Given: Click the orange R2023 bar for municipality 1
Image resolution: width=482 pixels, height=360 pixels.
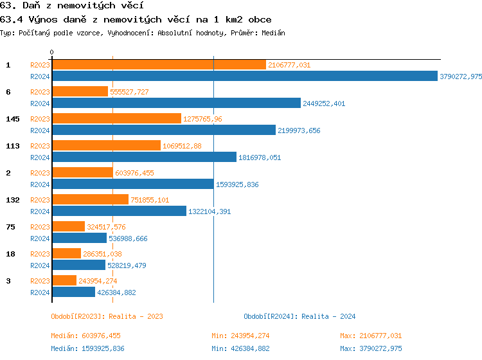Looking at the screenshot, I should [159, 65].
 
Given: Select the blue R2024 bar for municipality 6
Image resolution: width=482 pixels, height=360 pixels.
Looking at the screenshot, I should [176, 104].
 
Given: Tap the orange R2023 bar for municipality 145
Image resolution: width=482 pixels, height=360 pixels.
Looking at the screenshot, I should [116, 119].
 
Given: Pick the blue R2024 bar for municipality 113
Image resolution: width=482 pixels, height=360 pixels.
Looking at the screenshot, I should [144, 157].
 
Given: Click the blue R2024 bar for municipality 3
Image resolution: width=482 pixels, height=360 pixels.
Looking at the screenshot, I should [73, 292].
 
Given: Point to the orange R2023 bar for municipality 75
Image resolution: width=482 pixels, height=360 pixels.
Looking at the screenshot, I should [68, 227].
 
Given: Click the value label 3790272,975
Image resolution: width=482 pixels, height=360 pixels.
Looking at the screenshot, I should [461, 76].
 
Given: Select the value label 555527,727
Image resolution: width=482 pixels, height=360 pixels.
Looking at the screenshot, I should [129, 92].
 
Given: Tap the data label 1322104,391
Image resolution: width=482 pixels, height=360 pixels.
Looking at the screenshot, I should [209, 212].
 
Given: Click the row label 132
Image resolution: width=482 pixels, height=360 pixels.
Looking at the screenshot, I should [12, 200].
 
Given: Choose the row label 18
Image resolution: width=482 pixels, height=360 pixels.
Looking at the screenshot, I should [10, 254].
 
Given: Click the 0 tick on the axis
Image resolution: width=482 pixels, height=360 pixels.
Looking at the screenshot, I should [52, 52].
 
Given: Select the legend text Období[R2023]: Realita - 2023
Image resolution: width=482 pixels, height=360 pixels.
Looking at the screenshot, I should [107, 316].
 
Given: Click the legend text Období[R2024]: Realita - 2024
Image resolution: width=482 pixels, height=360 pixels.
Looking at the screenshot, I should [299, 316].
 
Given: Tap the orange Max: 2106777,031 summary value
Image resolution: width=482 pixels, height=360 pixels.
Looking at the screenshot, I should [371, 336].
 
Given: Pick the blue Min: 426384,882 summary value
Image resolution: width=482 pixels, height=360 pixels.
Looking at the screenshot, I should [240, 348].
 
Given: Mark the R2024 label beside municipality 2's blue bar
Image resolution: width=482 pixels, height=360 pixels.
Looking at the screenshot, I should [40, 184].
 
